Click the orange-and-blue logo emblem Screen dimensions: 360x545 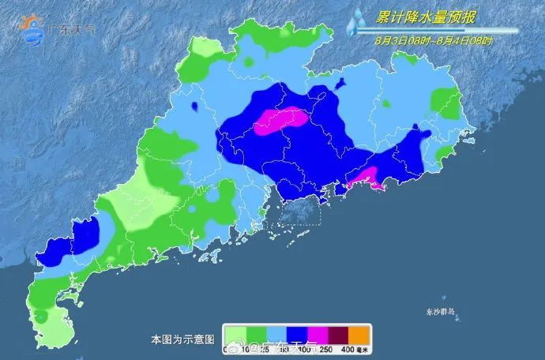33,28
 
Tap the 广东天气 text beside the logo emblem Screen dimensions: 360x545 74,29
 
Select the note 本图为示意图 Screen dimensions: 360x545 182,339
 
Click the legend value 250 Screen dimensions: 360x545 325,349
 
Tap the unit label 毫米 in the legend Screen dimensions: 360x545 364,349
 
